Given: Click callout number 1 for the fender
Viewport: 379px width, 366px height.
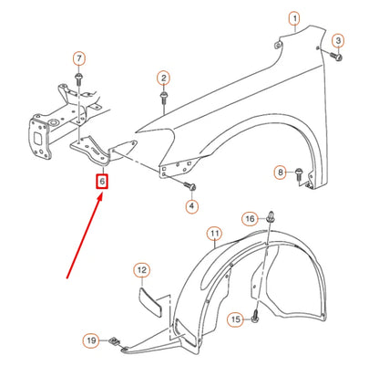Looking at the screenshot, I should pyautogui.click(x=294, y=18).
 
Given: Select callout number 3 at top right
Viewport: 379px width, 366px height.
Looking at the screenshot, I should pyautogui.click(x=337, y=41).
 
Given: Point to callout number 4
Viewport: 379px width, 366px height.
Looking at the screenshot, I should pyautogui.click(x=190, y=206).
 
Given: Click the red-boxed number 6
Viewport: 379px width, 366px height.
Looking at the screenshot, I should pyautogui.click(x=103, y=183).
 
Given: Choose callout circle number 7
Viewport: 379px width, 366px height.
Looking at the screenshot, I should pyautogui.click(x=78, y=58).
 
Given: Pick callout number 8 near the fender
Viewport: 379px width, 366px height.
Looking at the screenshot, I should pyautogui.click(x=281, y=173).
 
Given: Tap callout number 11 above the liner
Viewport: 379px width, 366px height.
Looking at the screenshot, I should pyautogui.click(x=213, y=235).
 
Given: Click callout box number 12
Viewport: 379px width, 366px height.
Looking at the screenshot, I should pyautogui.click(x=141, y=270).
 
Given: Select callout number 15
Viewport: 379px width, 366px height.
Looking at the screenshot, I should pyautogui.click(x=235, y=319).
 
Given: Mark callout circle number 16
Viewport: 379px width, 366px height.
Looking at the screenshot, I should pyautogui.click(x=250, y=219).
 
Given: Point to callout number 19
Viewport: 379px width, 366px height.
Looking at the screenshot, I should pyautogui.click(x=91, y=341).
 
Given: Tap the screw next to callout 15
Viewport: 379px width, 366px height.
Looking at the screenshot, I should pyautogui.click(x=256, y=319).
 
